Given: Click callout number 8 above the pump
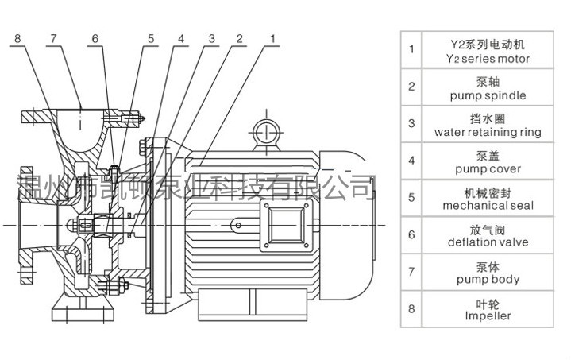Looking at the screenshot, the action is coord(17,38).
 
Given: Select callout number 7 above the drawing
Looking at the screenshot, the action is coord(54,38).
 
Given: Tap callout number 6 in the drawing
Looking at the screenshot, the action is coord(95,38).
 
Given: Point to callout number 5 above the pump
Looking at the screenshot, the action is coord(151,38).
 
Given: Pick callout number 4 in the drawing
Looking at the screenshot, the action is coord(181,38).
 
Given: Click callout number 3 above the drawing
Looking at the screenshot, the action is coord(212,38).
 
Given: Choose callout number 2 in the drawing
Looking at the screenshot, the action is coord(239,38).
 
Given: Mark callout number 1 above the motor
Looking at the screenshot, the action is coord(272,38).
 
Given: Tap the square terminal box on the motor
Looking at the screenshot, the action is coord(286,225).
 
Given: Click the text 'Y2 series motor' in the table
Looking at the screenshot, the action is coord(488,59).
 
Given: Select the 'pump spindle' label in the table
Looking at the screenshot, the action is coord(488,96).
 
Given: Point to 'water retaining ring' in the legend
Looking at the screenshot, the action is coord(488,132).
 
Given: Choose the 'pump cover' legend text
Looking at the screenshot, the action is coord(488,169).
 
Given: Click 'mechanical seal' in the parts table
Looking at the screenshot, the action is coord(488,206).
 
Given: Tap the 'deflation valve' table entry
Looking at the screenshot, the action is coord(488,242).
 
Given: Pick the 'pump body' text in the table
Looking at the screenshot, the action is coord(488,280).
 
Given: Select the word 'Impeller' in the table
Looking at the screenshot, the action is coord(488,315).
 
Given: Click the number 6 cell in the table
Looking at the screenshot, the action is coord(411,234).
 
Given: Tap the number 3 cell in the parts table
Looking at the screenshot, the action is coord(411,123).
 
